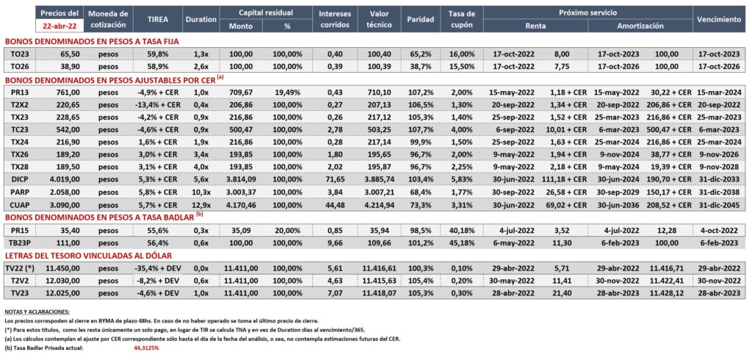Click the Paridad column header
(x=421, y=20)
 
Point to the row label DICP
(x=18, y=179)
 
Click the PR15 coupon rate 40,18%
(x=463, y=230)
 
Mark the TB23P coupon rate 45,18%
(x=463, y=243)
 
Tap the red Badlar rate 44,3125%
(x=147, y=348)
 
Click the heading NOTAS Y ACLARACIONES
(x=37, y=312)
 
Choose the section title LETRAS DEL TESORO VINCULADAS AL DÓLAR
(x=88, y=256)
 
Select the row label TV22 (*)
(x=23, y=268)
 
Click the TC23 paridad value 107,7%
(x=421, y=129)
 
